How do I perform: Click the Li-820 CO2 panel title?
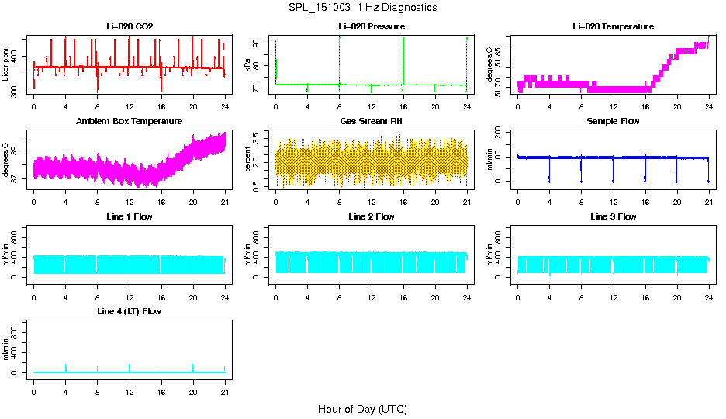[130, 27]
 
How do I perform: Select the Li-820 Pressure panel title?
[372, 27]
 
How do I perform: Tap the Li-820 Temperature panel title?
[613, 27]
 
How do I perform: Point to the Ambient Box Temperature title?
[130, 122]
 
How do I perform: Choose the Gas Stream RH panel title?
[372, 122]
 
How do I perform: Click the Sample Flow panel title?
[613, 122]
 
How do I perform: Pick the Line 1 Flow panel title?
[130, 216]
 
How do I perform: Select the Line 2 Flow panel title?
[372, 216]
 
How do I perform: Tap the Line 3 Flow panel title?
[613, 216]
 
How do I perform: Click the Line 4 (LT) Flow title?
[130, 311]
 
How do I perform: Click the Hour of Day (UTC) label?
[362, 409]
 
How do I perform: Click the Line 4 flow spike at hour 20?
[193, 367]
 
